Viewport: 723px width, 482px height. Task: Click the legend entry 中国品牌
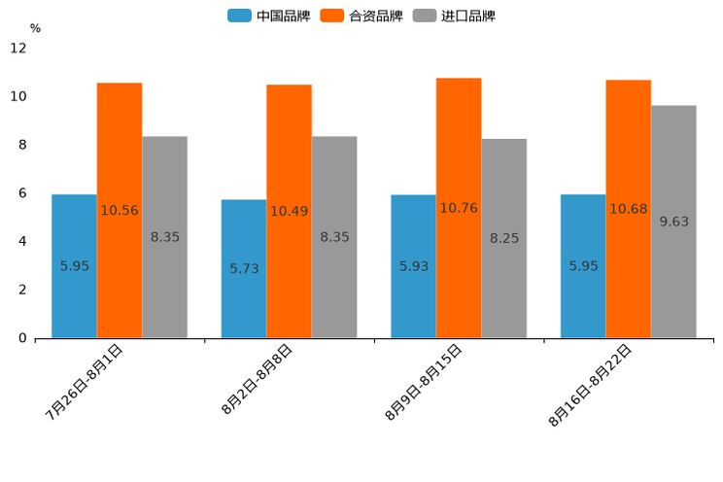tap(269, 16)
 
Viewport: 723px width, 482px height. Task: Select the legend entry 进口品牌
tap(454, 16)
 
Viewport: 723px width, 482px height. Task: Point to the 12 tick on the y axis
tap(18, 49)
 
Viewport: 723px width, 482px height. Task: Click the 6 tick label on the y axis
tap(22, 193)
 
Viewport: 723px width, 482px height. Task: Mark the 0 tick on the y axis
tap(22, 338)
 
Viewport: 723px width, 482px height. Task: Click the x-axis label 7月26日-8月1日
tap(85, 381)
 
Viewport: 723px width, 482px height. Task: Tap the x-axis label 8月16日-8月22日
tap(591, 384)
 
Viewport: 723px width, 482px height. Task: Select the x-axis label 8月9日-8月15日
tap(424, 381)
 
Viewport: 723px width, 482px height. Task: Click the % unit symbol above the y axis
tap(35, 28)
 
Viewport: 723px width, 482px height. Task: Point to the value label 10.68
tap(628, 209)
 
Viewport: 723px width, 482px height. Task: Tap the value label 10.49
tap(289, 211)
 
